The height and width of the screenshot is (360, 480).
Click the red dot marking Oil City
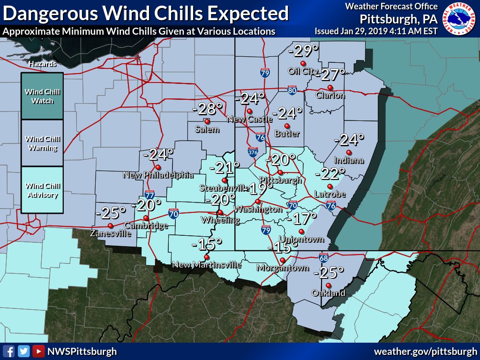[303, 63]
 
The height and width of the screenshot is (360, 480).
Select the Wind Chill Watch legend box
[42, 97]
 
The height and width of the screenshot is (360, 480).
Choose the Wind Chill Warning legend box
[42, 143]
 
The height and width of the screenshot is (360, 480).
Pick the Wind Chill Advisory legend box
[42, 190]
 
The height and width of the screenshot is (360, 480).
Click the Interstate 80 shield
[292, 90]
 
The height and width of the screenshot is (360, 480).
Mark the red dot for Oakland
[328, 285]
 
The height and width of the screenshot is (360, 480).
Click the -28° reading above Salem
[207, 109]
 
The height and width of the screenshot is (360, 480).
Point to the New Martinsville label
[206, 265]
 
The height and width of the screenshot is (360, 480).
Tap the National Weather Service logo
[460, 19]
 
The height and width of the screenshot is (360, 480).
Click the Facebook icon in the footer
[8, 351]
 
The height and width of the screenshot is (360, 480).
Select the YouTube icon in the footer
[39, 351]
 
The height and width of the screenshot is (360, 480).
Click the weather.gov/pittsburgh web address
[425, 351]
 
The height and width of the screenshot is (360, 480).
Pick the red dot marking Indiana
[348, 152]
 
